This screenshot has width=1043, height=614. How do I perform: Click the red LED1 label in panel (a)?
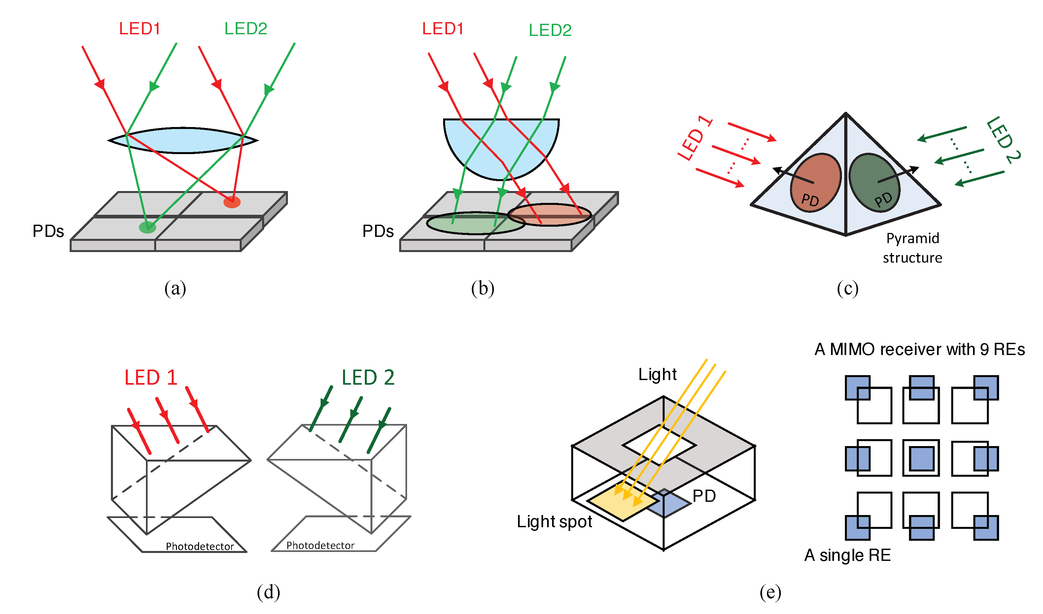click(140, 29)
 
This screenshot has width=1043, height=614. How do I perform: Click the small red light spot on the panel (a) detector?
click(232, 202)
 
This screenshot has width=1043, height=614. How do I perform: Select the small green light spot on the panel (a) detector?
click(147, 227)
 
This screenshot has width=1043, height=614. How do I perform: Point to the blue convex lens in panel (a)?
click(182, 141)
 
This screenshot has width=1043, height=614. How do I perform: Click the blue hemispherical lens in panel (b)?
click(501, 145)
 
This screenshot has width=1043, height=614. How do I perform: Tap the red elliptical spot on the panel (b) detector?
click(549, 215)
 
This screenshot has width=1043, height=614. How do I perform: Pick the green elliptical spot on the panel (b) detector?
click(475, 223)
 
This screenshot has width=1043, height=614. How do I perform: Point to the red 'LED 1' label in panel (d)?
click(151, 377)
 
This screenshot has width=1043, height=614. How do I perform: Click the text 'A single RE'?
click(847, 555)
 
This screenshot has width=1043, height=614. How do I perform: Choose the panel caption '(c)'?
click(847, 288)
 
